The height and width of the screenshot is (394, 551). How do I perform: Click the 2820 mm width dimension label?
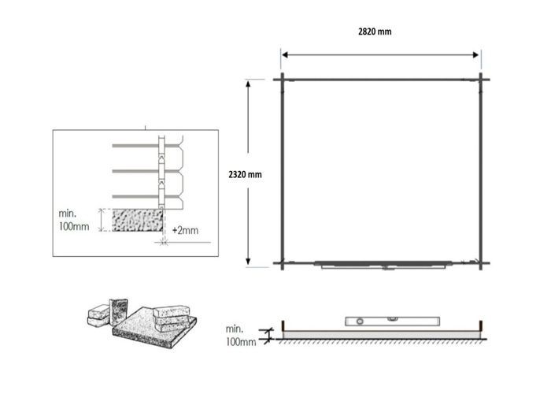[375, 32]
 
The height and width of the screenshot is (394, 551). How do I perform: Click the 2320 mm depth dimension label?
[245, 174]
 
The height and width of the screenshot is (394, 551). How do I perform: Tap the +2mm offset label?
[185, 230]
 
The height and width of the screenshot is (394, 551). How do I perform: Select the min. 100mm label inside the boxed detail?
[74, 220]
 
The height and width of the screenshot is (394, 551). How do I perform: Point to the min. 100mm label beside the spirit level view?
[241, 335]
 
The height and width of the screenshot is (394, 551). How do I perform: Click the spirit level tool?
[392, 322]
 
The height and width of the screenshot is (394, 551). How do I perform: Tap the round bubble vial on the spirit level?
[360, 322]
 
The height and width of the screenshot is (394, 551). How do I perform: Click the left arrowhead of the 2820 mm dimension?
[285, 55]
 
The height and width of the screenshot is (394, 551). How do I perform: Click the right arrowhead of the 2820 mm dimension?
[475, 55]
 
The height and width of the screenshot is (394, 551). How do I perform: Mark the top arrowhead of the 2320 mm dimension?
[248, 84]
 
